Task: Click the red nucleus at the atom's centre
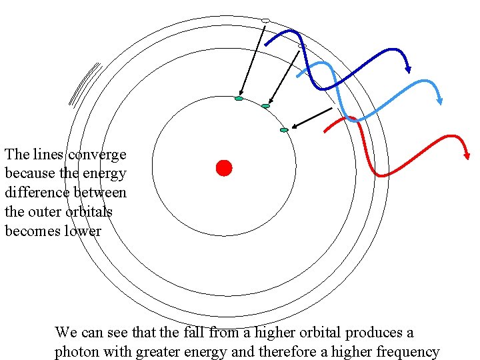coord(224,168)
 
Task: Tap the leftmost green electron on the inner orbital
coord(239,99)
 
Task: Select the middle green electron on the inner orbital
coord(265,106)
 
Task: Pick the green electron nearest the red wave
coord(284,130)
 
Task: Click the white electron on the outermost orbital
coord(265,21)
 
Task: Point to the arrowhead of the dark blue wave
coord(408,69)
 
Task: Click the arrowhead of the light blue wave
coord(439,101)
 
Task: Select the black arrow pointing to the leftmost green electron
coord(252,60)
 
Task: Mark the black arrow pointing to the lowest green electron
coord(312,117)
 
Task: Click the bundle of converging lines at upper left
coord(84,84)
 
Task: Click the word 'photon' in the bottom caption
coord(76,352)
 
